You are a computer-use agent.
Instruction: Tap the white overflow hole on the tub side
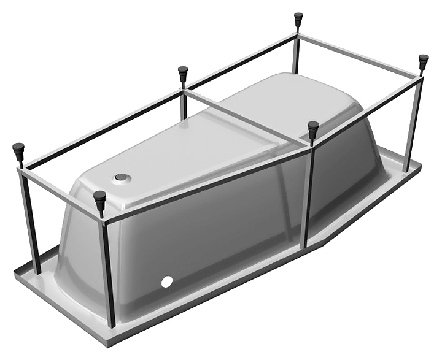coord(165,283)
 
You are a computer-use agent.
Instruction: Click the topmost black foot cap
coord(298,19)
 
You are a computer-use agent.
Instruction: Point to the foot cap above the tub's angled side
coord(313,129)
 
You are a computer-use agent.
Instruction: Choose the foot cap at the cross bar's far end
coord(183,73)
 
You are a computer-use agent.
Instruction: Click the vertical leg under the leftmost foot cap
coord(29,221)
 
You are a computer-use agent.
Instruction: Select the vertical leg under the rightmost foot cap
coord(413,117)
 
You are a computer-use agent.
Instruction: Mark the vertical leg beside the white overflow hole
coord(108,270)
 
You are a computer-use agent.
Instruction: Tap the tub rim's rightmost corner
coord(421,164)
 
